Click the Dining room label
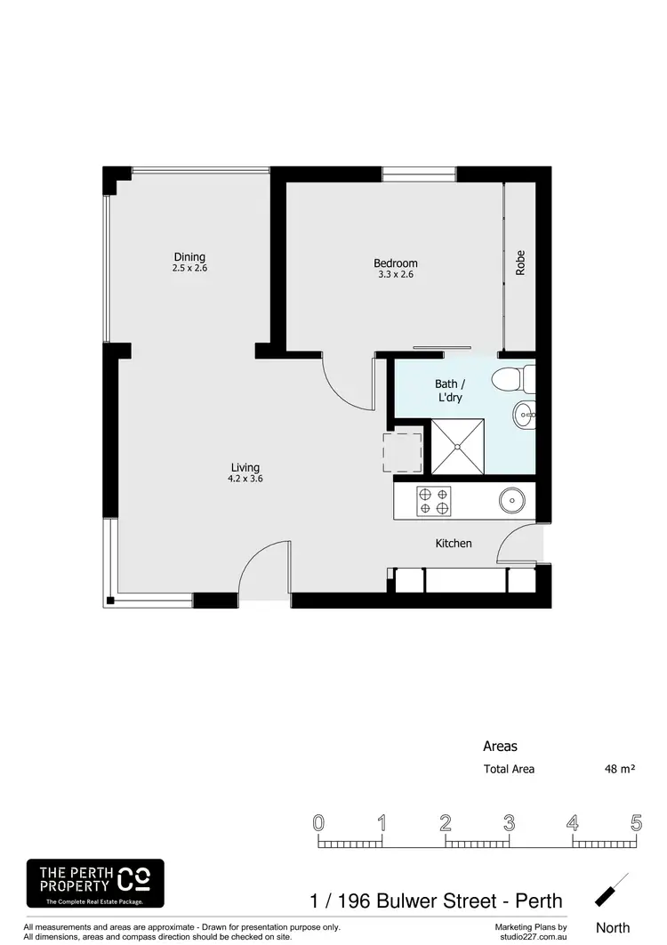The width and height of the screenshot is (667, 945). click(x=189, y=255)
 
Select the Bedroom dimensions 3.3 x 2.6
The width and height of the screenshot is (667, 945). click(x=395, y=275)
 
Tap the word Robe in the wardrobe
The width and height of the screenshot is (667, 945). click(x=520, y=264)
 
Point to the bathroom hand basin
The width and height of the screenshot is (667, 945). click(x=524, y=412)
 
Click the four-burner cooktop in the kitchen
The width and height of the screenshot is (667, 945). click(x=433, y=502)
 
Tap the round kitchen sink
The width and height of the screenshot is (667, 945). click(x=512, y=501)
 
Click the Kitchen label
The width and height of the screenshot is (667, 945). click(x=453, y=544)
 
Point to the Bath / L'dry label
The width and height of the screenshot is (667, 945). click(x=449, y=391)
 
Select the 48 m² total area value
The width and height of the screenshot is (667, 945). click(x=620, y=770)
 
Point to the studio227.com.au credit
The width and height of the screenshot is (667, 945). click(x=531, y=935)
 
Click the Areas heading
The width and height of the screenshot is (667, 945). click(x=500, y=747)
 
